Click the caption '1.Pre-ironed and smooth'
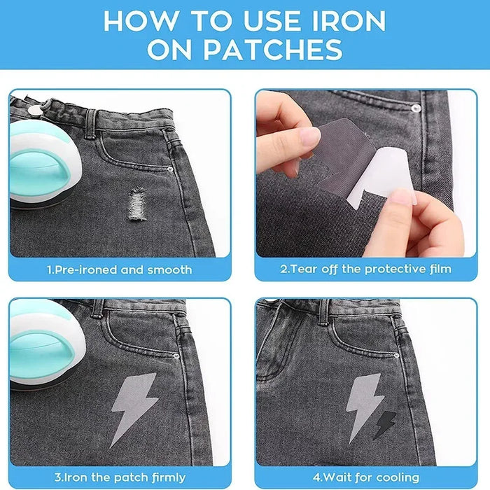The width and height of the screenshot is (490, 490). tap(119, 269)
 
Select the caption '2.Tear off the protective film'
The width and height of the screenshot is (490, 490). tap(365, 269)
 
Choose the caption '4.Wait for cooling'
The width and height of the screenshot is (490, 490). tap(365, 477)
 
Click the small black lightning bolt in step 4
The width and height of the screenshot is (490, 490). tap(386, 424)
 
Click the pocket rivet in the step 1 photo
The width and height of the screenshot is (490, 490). tap(171, 169)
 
